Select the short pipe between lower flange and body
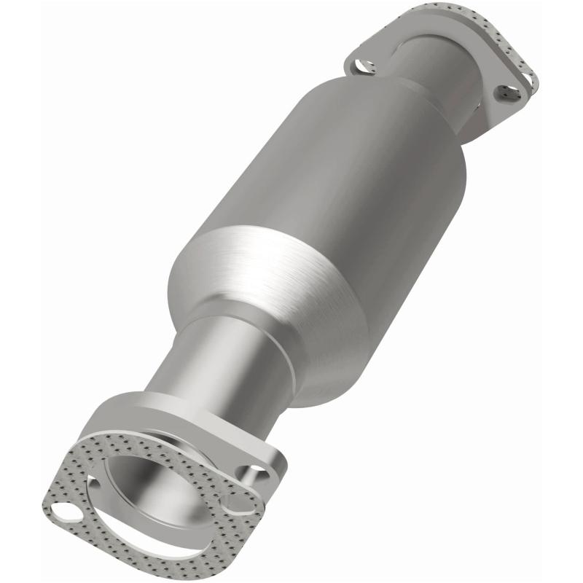(204, 364)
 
